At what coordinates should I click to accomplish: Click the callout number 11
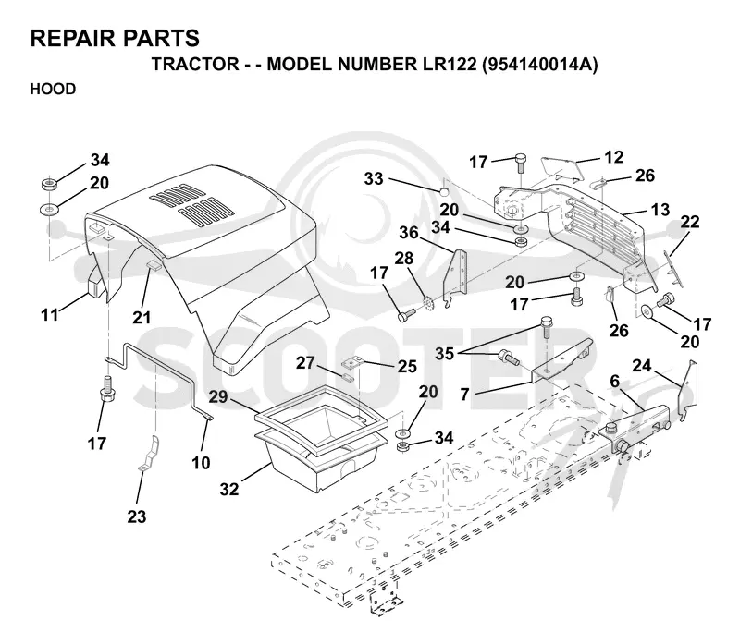pyautogui.click(x=50, y=314)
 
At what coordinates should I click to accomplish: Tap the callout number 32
pyautogui.click(x=229, y=490)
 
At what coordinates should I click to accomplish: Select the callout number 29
pyautogui.click(x=218, y=396)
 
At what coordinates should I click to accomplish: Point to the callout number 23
pyautogui.click(x=136, y=516)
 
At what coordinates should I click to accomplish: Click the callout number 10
pyautogui.click(x=201, y=463)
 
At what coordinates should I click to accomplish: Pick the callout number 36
pyautogui.click(x=409, y=233)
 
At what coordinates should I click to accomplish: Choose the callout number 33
pyautogui.click(x=374, y=178)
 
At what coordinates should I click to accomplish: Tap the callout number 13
pyautogui.click(x=660, y=210)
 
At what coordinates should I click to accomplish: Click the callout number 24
pyautogui.click(x=641, y=365)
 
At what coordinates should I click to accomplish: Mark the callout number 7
pyautogui.click(x=465, y=395)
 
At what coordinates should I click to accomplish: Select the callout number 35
pyautogui.click(x=444, y=354)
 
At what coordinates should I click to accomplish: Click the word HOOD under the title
pyautogui.click(x=53, y=89)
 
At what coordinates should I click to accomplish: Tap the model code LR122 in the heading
pyautogui.click(x=447, y=64)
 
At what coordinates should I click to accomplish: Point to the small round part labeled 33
pyautogui.click(x=444, y=191)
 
